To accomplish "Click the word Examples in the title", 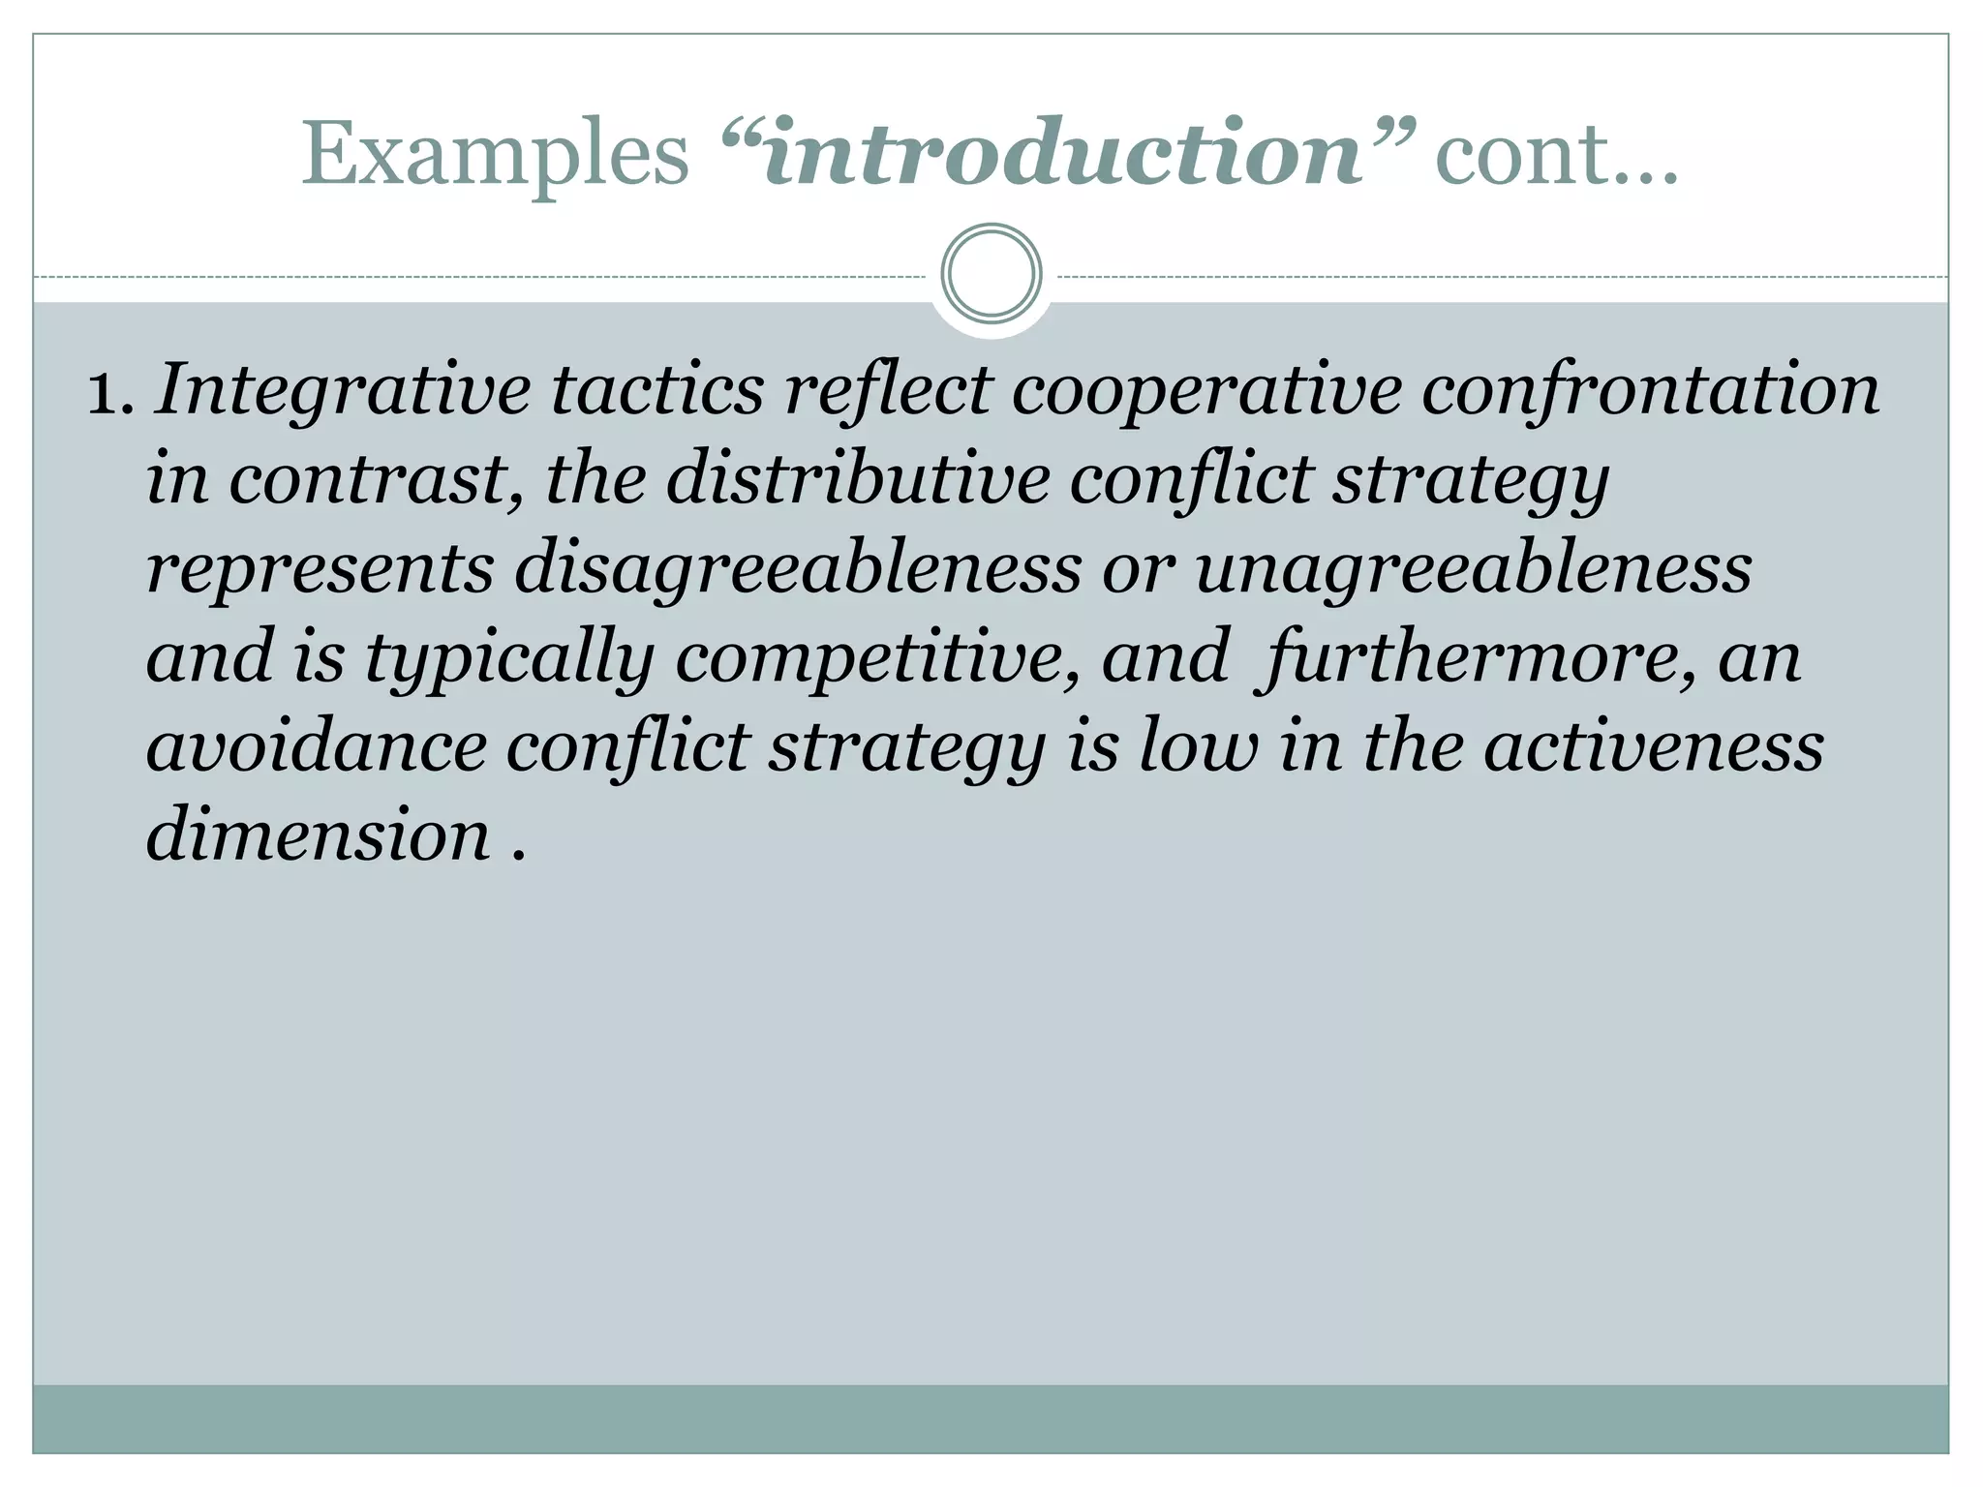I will pos(495,155).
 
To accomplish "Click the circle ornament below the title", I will pos(991,274).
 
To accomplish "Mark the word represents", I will pos(320,568).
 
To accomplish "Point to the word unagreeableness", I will pos(1473,568).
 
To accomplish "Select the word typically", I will pos(509,658).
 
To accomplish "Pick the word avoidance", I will pos(316,747).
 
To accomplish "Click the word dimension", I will pos(318,836).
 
